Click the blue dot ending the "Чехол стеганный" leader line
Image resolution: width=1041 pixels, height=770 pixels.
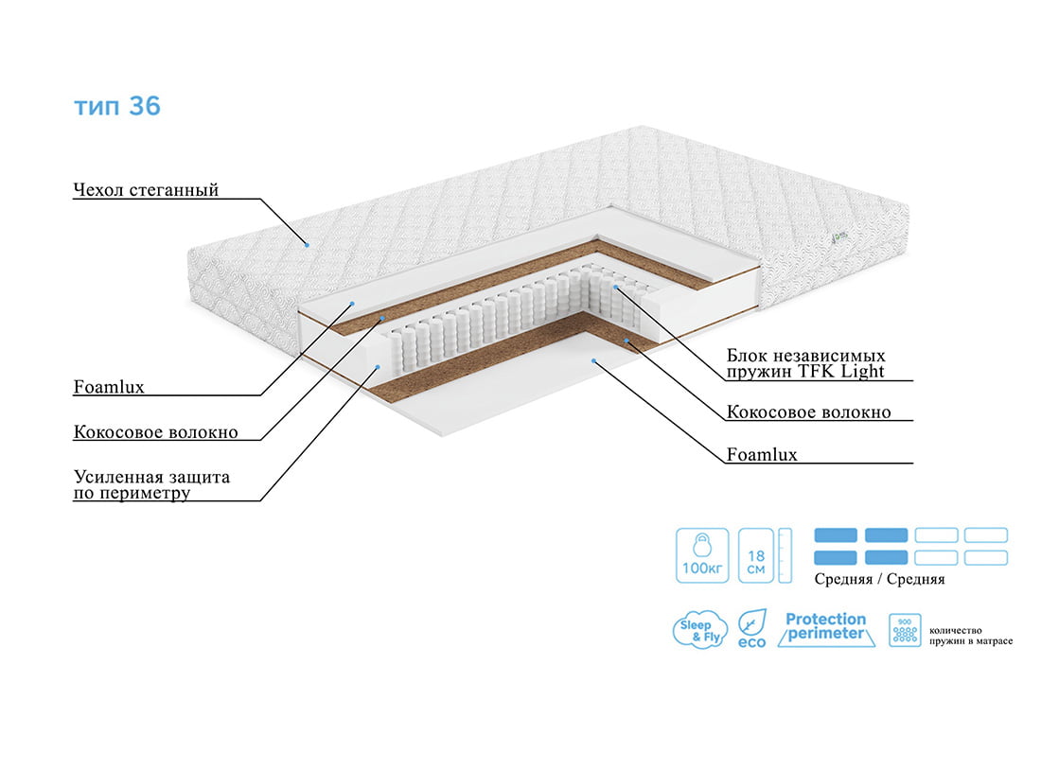pos(307,245)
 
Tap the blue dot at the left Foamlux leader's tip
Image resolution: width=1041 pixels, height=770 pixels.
pos(353,304)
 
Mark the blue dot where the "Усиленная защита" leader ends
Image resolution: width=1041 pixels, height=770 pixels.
pos(378,366)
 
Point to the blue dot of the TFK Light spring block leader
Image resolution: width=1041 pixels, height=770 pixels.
pos(616,287)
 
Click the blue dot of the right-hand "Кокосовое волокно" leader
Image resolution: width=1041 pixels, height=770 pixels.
pos(626,341)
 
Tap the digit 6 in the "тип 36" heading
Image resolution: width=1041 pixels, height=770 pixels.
pos(152,106)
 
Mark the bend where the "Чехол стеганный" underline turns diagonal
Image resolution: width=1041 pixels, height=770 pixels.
pos(260,199)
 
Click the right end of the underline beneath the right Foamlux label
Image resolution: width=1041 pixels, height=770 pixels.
pos(913,463)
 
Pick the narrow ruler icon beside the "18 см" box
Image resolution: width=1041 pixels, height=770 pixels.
pos(785,555)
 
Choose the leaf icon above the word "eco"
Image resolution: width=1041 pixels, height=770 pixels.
pos(753,622)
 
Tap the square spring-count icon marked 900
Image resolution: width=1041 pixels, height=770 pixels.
pos(905,629)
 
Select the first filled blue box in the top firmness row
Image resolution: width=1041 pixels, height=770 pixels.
pos(836,535)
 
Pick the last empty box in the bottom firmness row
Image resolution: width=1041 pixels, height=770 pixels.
pos(986,557)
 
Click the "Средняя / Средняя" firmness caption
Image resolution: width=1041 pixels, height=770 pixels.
pos(880,579)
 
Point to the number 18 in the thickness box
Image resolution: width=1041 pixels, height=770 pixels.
pos(756,555)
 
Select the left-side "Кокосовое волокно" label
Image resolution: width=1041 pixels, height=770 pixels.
pos(155,432)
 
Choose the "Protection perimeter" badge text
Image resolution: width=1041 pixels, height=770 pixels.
pos(826,626)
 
